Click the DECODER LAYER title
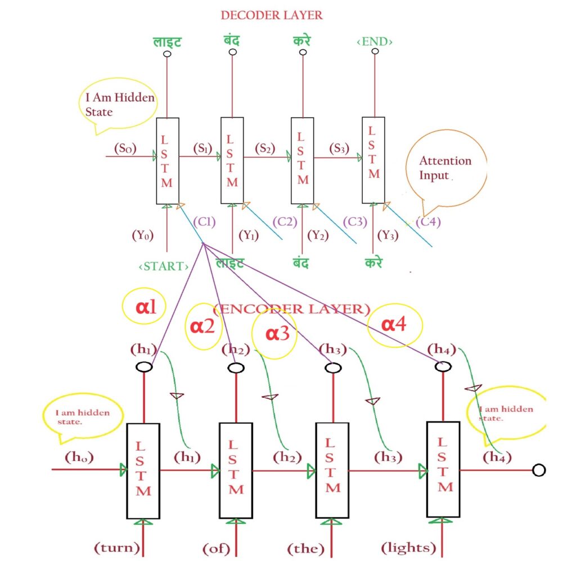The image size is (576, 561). tap(272, 15)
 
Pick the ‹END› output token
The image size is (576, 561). tap(375, 42)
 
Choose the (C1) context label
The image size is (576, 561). tap(204, 221)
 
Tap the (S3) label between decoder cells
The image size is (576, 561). tap(337, 148)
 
